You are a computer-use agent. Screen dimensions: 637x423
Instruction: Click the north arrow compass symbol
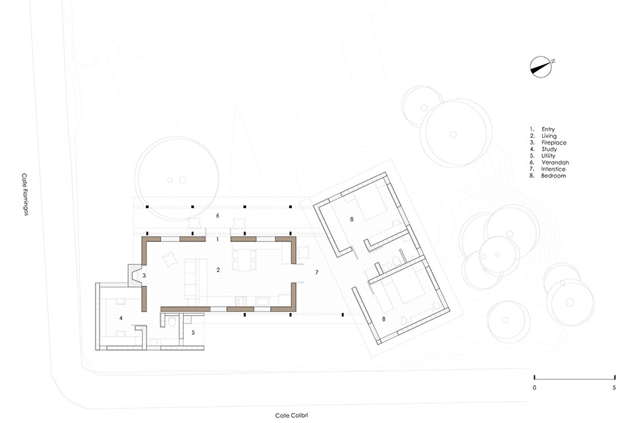[541, 67]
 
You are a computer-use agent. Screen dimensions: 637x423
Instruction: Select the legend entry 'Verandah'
[555, 162]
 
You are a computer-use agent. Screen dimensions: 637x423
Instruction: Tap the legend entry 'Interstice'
[553, 169]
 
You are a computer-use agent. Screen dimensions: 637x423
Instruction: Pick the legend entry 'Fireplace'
[553, 143]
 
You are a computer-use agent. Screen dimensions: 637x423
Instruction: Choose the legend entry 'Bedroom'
[553, 176]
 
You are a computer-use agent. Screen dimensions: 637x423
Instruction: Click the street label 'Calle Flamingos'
[25, 194]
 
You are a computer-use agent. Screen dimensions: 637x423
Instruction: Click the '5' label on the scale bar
[614, 388]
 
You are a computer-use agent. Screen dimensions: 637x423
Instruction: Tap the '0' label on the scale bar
[534, 388]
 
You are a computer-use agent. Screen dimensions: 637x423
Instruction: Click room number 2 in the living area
[218, 270]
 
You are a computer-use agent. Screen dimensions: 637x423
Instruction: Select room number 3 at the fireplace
[144, 276]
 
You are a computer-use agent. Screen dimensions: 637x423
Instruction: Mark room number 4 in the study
[121, 318]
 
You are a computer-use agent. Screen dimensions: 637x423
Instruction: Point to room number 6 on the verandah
[218, 215]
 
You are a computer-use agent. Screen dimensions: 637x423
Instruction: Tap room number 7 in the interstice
[317, 272]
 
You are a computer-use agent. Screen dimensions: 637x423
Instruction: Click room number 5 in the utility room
[193, 332]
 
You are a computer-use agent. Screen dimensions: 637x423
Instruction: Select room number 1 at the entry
[218, 239]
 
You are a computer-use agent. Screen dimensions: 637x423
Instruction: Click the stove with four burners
[240, 301]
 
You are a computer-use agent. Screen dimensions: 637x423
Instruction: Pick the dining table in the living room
[244, 260]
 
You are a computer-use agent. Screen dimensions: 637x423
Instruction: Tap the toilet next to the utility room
[172, 322]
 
